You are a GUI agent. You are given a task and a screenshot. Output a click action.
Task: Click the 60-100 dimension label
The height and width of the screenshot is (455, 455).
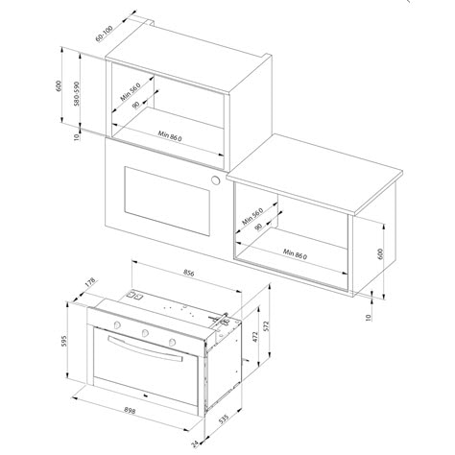104,34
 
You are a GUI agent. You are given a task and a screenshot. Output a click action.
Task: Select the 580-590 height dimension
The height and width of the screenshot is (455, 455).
76,93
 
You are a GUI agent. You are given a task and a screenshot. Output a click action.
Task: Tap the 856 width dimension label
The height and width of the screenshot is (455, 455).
189,273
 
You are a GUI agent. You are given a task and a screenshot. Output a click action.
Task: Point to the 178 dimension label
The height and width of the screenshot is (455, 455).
90,282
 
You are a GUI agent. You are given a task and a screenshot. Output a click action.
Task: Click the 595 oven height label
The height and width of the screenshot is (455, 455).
63,341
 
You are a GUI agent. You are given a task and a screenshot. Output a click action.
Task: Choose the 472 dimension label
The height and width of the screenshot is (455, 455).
255,337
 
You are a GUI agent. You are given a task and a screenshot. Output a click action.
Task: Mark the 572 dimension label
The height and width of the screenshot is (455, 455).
267,325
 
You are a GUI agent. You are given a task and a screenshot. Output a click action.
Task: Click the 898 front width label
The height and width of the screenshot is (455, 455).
130,410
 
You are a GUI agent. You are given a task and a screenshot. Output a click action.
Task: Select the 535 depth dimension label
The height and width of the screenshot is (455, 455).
224,419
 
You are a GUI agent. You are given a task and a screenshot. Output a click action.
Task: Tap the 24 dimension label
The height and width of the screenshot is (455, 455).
195,444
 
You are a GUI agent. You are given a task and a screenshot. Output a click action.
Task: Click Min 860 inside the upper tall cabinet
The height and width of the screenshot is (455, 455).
170,135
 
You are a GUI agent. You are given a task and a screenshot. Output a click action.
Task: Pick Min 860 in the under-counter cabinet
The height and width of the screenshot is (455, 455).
295,254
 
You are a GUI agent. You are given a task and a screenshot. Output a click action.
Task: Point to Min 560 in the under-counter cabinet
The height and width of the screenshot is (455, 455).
252,216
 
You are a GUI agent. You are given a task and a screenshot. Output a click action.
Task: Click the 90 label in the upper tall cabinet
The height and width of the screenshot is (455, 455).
135,105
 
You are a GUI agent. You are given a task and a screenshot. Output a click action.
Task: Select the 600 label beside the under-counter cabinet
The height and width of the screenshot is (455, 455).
380,253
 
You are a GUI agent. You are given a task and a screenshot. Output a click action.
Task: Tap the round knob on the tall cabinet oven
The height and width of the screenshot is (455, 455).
216,180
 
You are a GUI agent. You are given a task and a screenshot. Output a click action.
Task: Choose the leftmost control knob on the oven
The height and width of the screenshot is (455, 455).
117,324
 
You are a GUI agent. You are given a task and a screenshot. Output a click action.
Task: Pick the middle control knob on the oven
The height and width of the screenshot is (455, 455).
145,333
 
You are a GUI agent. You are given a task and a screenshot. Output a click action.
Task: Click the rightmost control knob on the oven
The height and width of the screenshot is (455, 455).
173,342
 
